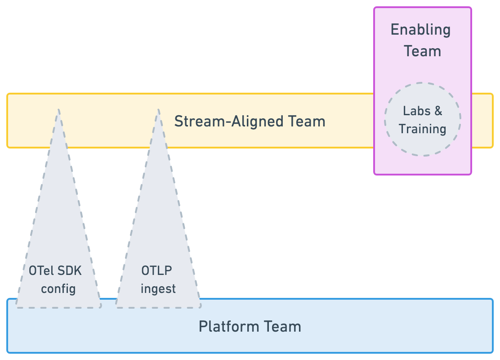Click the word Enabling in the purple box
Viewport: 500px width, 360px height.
[x=420, y=30]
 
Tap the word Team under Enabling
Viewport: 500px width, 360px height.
[x=422, y=51]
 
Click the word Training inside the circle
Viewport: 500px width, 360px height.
[x=422, y=129]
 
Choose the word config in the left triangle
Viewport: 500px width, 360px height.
[x=58, y=288]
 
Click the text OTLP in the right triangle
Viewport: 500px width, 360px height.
[x=156, y=271]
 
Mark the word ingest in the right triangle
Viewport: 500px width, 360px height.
[x=158, y=288]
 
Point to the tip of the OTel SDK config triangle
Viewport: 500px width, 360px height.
[x=58, y=109]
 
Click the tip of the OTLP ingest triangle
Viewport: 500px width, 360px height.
[x=158, y=109]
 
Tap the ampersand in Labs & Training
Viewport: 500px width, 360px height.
[x=438, y=111]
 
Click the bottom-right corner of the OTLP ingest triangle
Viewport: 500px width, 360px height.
[x=200, y=307]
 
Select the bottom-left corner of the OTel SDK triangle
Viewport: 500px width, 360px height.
[x=17, y=307]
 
